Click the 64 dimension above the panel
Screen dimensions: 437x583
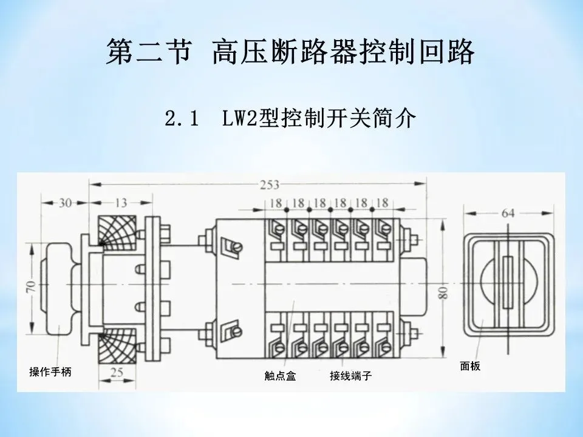[509, 214]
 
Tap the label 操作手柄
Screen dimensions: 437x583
[50, 372]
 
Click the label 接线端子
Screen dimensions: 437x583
[350, 376]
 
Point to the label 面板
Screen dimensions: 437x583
[470, 367]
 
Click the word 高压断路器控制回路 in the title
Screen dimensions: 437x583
[343, 53]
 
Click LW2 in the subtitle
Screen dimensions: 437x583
[239, 118]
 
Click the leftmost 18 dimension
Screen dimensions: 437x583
[276, 203]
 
